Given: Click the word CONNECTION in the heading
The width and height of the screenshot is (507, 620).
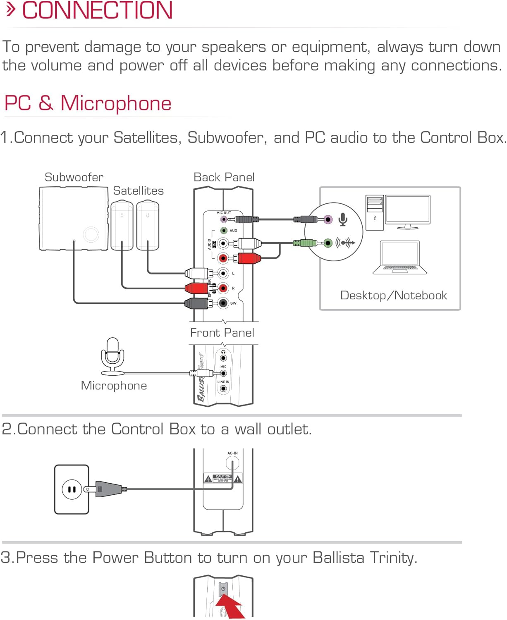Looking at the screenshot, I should (x=97, y=11).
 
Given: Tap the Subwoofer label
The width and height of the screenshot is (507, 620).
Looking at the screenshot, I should (x=74, y=177).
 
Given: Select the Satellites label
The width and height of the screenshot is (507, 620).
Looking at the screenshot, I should (x=138, y=191).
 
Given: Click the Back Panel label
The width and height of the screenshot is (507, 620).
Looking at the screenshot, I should (x=224, y=177).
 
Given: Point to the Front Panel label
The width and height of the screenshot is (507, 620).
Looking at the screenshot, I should (x=222, y=333).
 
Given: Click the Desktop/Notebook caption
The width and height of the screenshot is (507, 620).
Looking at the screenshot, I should (x=393, y=296).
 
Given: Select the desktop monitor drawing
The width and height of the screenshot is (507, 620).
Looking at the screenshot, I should (x=408, y=211).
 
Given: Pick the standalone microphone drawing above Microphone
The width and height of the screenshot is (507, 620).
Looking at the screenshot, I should (x=112, y=355).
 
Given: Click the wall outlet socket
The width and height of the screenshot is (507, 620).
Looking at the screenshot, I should (x=72, y=489).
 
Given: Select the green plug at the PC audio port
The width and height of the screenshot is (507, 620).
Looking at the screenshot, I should (x=305, y=243).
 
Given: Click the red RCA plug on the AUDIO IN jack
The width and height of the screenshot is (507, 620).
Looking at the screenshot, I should (x=247, y=259).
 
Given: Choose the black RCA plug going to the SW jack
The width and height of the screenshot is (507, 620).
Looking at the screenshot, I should (x=197, y=303).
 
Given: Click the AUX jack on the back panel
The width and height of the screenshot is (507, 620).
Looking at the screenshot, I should (x=224, y=231).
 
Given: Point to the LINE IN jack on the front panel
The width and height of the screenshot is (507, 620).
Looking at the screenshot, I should (x=223, y=389).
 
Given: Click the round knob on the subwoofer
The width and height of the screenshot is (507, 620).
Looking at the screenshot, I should (x=91, y=234).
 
